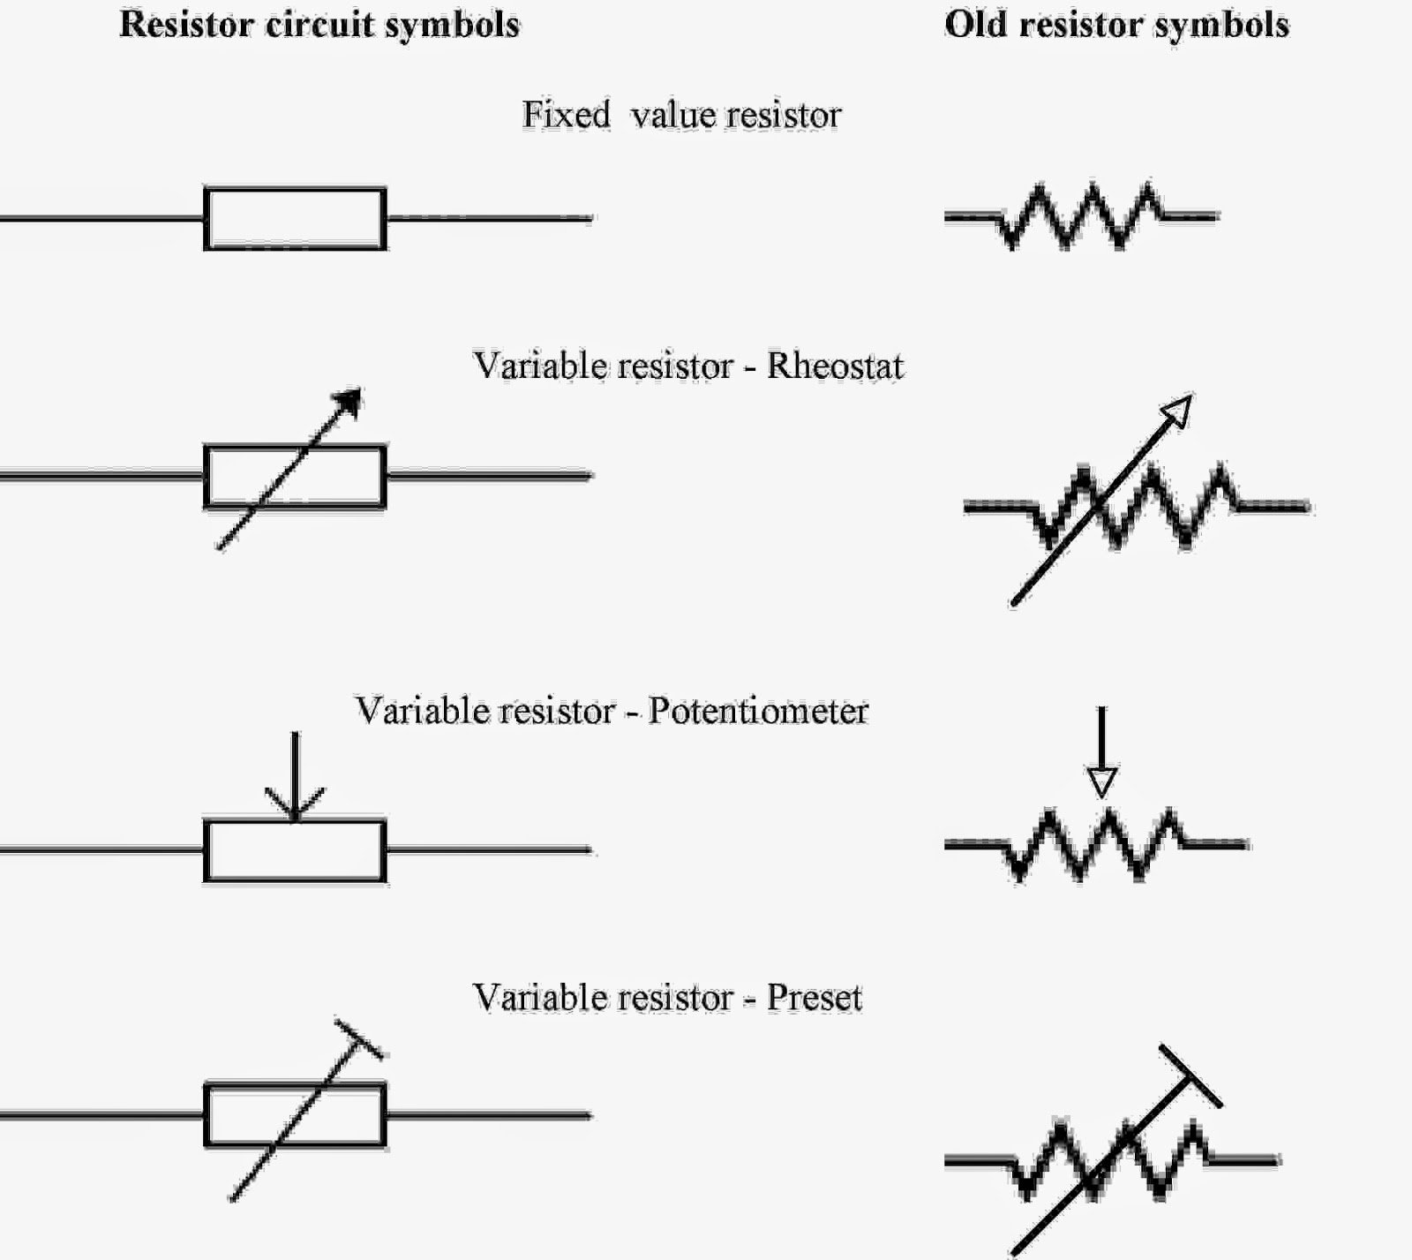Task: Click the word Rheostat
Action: (835, 366)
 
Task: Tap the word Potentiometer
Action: (758, 711)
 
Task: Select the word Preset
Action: (814, 998)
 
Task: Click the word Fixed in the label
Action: (566, 115)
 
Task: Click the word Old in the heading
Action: (974, 25)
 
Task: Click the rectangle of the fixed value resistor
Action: (295, 218)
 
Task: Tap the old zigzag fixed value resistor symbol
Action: (1081, 215)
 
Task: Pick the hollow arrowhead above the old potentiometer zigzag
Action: (1102, 781)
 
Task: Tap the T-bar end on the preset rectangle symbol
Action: (359, 1038)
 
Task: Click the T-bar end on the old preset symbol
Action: (1190, 1075)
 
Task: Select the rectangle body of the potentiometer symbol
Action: (295, 851)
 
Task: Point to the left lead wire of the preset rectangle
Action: (101, 1116)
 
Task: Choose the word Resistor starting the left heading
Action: (186, 25)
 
